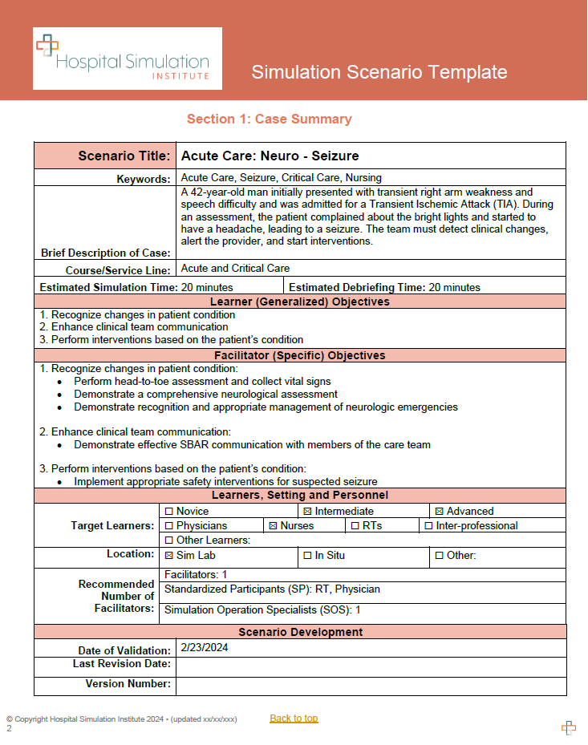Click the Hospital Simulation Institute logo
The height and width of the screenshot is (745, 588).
click(x=127, y=58)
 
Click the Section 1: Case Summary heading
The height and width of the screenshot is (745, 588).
click(x=269, y=119)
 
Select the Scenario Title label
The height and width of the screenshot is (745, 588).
click(x=124, y=156)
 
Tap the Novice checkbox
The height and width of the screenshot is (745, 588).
click(x=169, y=512)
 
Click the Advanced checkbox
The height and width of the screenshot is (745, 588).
click(x=439, y=512)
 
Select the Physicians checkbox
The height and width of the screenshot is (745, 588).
click(x=169, y=526)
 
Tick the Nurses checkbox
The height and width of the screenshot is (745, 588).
click(x=273, y=526)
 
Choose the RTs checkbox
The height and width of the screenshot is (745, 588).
click(x=355, y=526)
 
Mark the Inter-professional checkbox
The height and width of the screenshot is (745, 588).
click(x=428, y=526)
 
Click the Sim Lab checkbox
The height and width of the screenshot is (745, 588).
click(x=169, y=556)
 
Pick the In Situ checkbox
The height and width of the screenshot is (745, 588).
click(x=307, y=556)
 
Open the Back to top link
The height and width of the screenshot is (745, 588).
click(x=294, y=719)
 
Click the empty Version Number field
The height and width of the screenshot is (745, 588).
click(x=371, y=685)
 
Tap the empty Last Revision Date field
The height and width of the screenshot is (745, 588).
click(x=371, y=666)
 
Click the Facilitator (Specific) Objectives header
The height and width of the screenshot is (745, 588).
click(x=300, y=355)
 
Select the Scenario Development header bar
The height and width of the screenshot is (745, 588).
click(x=300, y=632)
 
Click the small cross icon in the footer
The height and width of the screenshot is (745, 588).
click(x=568, y=727)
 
